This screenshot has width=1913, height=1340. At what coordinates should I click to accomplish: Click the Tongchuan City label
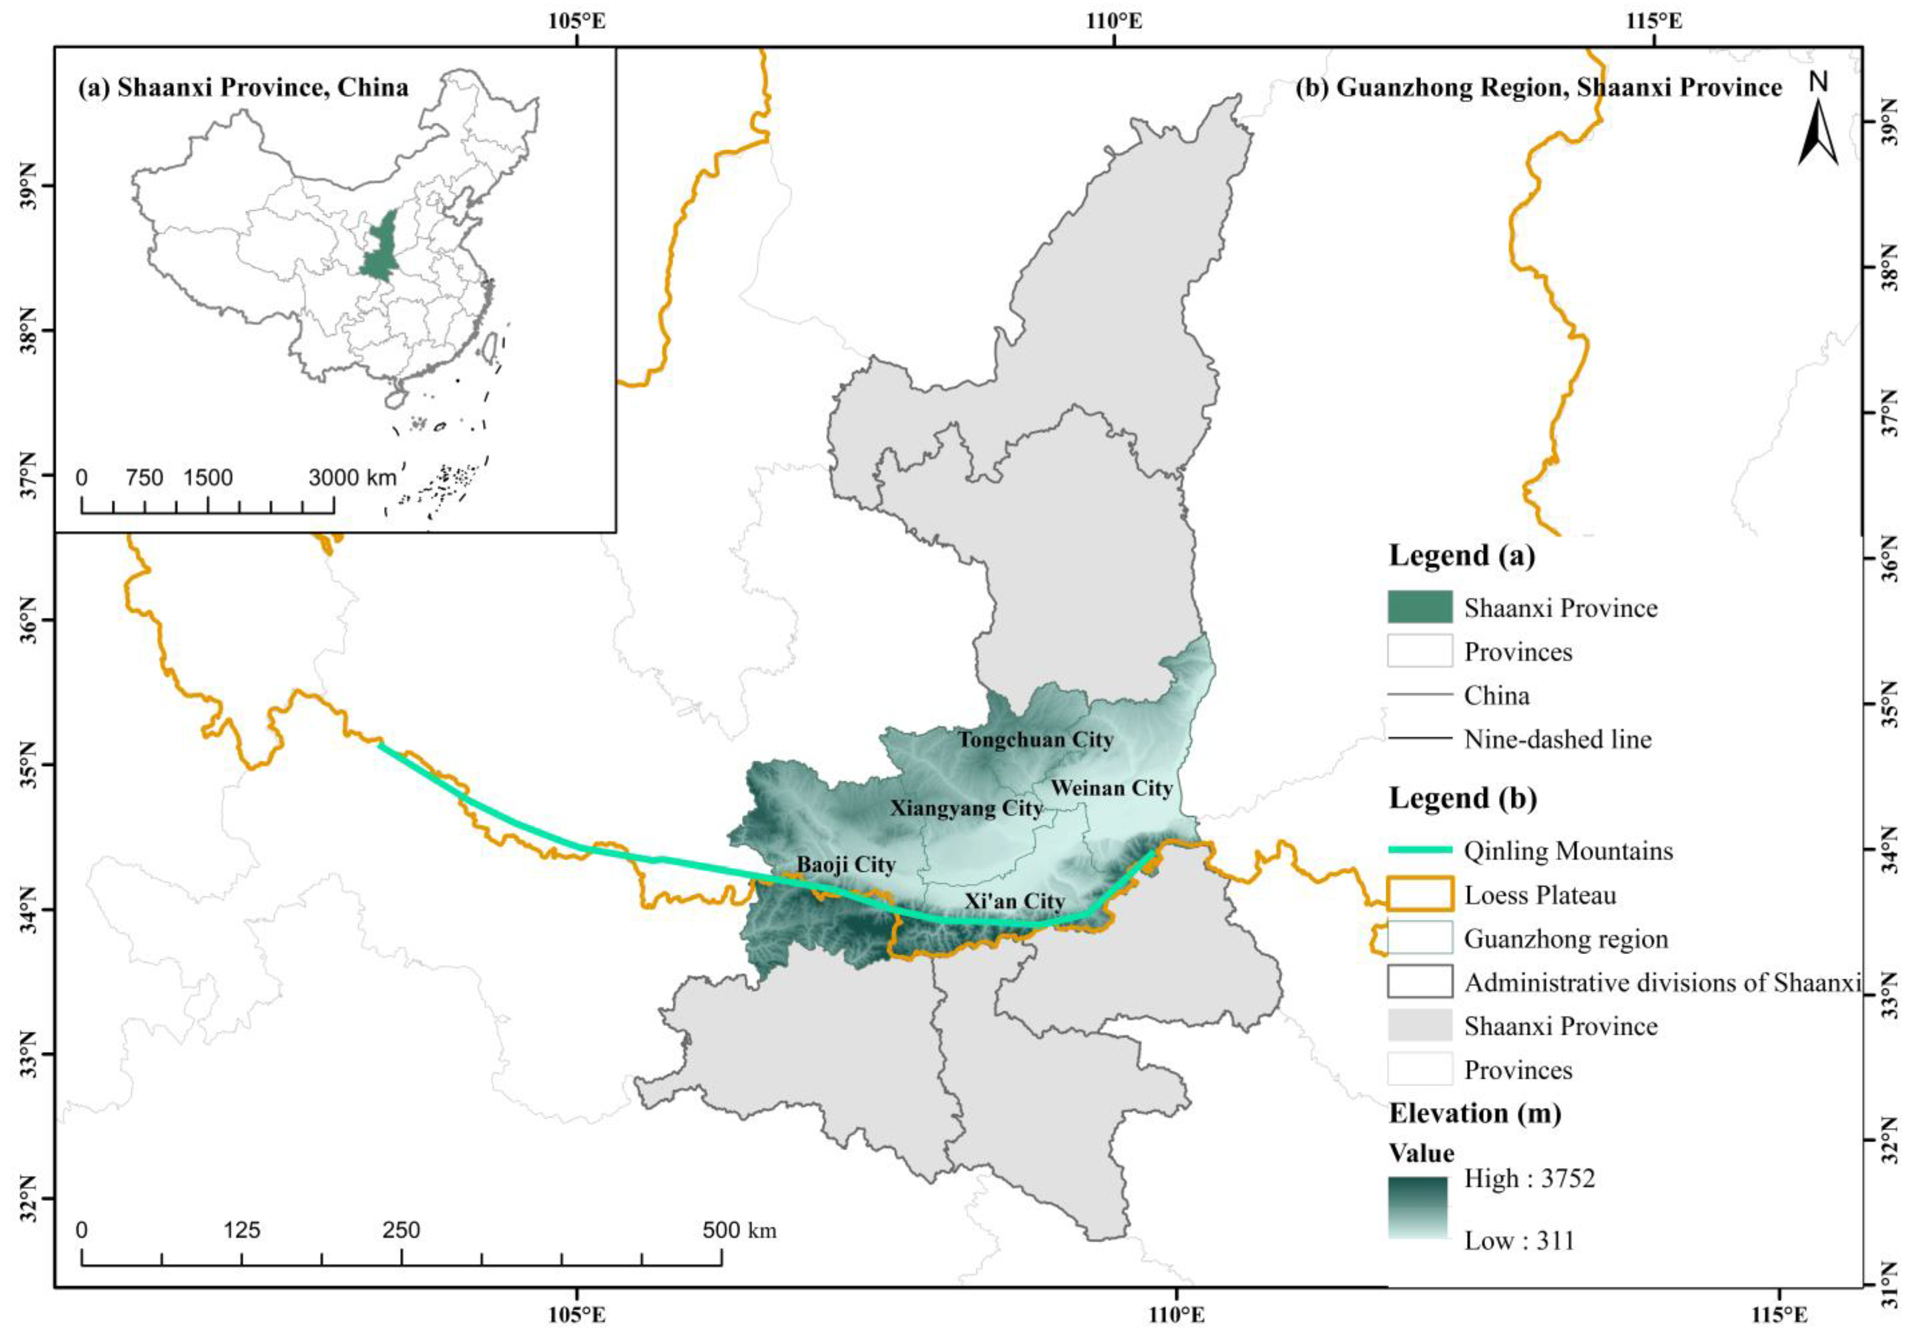[x=1035, y=739]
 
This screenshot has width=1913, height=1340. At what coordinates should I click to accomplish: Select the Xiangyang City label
[x=966, y=808]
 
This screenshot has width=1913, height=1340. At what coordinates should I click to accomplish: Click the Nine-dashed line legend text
[x=1557, y=739]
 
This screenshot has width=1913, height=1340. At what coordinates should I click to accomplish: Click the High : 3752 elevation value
[x=1529, y=1179]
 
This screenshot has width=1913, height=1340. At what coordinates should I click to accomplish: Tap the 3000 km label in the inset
[x=352, y=478]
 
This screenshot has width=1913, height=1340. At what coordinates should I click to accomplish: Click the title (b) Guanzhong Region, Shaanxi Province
[x=1538, y=88]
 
